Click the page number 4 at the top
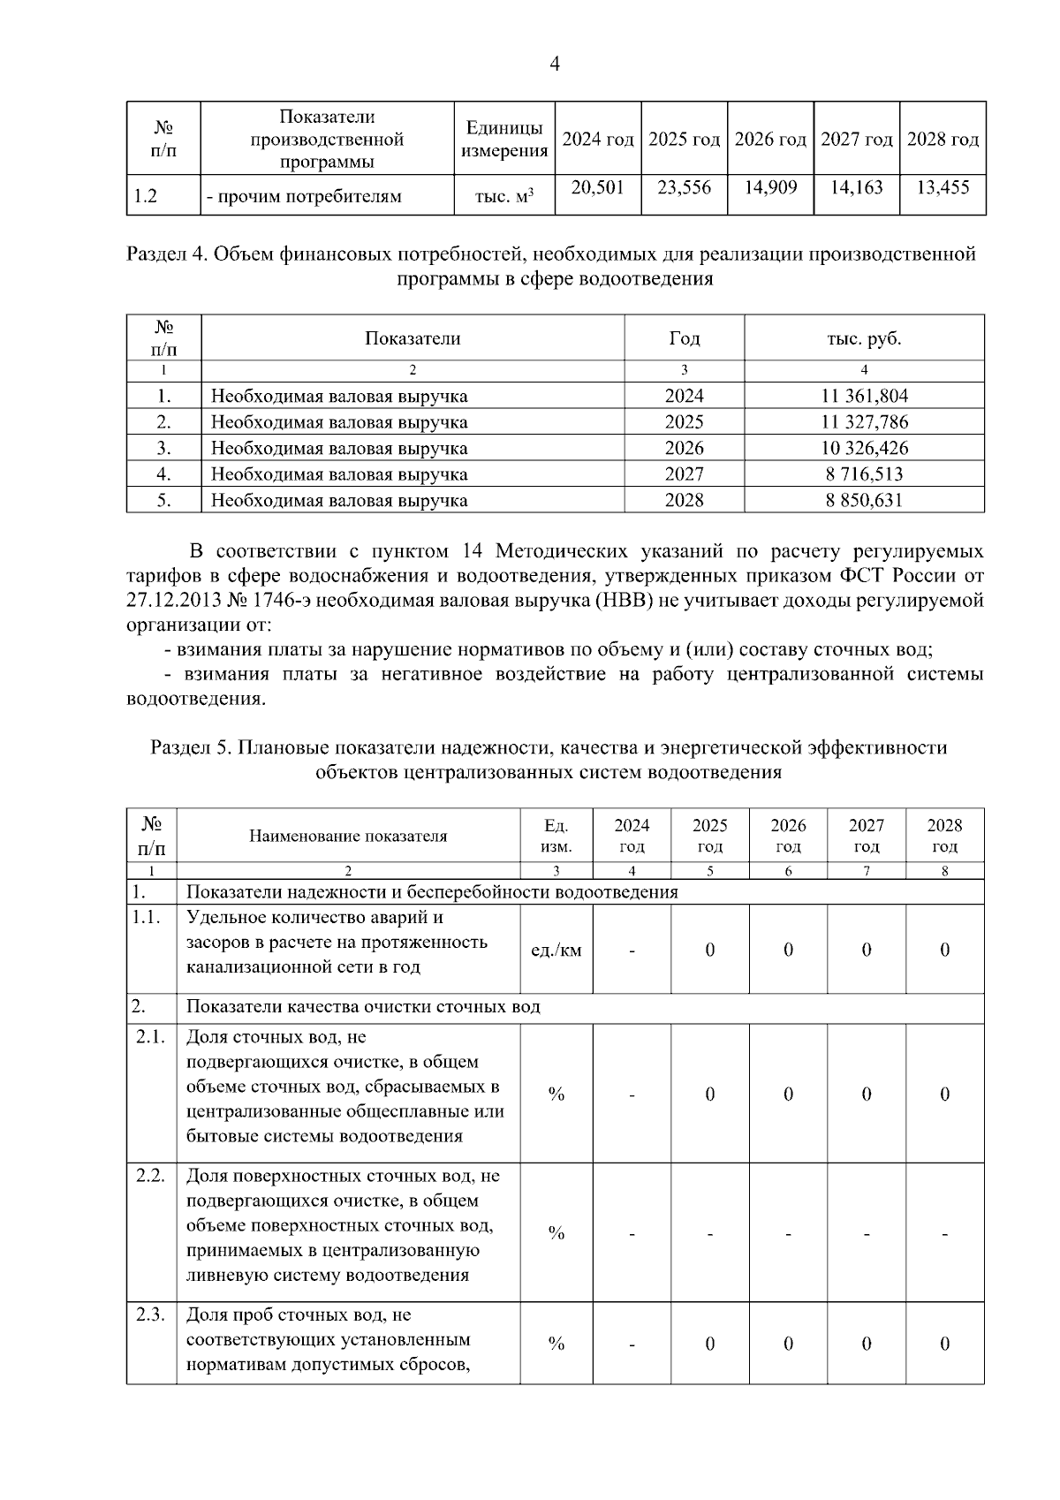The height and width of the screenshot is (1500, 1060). [x=555, y=64]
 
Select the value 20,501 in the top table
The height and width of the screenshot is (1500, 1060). [x=597, y=187]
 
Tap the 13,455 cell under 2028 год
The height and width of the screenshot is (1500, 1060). [x=943, y=187]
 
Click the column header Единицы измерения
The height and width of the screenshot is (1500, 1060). [x=504, y=140]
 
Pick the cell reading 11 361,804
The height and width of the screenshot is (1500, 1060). [x=864, y=396]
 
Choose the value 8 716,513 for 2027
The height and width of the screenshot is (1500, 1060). [x=864, y=474]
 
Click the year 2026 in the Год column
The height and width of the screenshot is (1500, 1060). [x=684, y=448]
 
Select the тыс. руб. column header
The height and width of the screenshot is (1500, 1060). [x=864, y=338]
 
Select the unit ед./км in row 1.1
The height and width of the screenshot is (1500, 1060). [x=556, y=951]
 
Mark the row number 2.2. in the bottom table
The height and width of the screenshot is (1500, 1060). [x=151, y=1176]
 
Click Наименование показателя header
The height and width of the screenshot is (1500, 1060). [x=348, y=836]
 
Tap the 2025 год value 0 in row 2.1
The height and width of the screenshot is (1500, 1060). [x=709, y=1095]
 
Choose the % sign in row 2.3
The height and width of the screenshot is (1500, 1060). [x=556, y=1344]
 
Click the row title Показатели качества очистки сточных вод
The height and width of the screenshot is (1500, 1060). [x=363, y=1007]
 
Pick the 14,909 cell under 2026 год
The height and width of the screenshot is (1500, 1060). [x=769, y=187]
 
